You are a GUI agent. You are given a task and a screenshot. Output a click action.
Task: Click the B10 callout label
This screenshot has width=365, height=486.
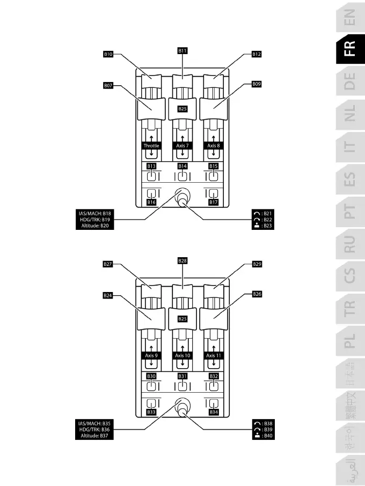pos(108,54)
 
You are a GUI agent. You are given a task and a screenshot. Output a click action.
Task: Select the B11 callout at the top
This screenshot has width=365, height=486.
pos(182,50)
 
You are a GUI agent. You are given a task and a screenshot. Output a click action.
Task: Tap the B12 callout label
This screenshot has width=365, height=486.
pos(257,54)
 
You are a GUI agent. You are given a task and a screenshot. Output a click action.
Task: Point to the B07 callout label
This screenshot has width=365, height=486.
pos(108,85)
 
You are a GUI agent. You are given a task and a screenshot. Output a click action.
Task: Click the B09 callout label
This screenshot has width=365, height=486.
pos(257,85)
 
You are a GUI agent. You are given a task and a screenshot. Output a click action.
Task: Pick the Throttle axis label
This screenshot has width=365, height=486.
pos(151,146)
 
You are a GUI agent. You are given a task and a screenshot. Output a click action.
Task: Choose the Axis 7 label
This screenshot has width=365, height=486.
pos(182,146)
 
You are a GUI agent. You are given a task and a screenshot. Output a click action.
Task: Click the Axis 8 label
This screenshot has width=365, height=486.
pos(214,146)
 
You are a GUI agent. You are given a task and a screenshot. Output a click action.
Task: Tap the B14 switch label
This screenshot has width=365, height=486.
pos(182,167)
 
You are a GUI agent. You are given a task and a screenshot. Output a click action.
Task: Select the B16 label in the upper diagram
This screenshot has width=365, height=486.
pos(151,203)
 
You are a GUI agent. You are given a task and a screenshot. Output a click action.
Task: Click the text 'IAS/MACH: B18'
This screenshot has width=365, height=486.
pos(92,213)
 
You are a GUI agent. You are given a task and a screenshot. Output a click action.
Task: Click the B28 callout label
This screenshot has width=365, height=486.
pos(182,260)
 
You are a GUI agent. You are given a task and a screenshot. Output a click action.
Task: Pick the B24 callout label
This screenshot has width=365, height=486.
pos(108,295)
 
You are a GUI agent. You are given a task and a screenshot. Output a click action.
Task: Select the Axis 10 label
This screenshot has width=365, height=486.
pos(182,356)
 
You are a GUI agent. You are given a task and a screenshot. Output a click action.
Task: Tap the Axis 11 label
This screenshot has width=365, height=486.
pos(214,356)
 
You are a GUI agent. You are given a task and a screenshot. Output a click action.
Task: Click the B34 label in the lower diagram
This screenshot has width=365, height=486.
pos(214,412)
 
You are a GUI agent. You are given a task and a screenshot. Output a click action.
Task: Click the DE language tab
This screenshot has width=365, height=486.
pos(349,84)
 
